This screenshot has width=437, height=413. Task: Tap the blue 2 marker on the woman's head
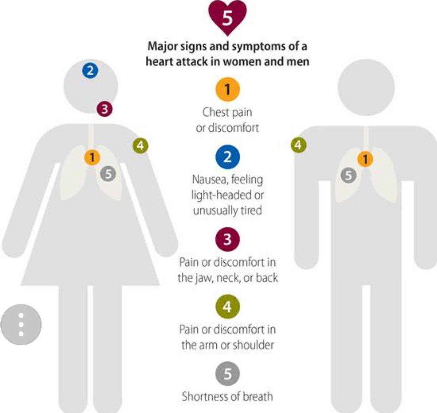coord(90,71)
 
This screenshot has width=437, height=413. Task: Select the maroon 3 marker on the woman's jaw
coord(105,109)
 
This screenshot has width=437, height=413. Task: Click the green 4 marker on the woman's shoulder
coord(140,146)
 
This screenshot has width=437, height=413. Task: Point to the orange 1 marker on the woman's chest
coord(92,158)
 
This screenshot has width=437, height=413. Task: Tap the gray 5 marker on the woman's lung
coord(108,174)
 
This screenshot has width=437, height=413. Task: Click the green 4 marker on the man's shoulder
coord(299,145)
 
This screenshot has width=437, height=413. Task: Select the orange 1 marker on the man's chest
coord(365,159)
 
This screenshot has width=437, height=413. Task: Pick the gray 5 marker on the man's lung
coord(349,175)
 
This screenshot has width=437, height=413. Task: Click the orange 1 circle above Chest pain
coord(227,90)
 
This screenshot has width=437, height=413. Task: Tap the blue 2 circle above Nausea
coord(227,157)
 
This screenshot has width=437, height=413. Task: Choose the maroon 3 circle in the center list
coord(227,239)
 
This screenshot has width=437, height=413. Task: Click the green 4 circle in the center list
coord(227,307)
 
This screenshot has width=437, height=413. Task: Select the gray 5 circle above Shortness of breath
coord(227,374)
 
